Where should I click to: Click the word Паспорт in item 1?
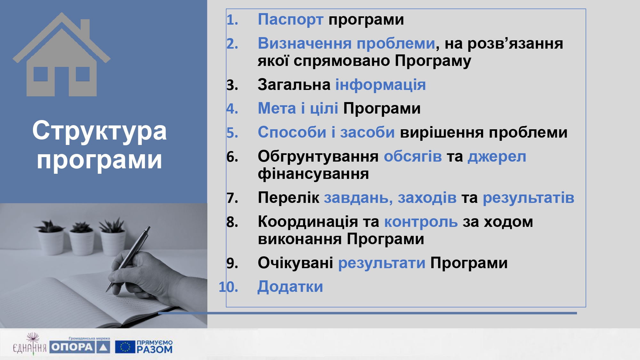coord(291,20)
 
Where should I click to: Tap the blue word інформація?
coord(380,85)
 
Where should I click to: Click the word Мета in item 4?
coord(277,108)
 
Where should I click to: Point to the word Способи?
coord(292,132)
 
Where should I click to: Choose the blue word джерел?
coord(497,157)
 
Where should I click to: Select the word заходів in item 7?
coord(427,198)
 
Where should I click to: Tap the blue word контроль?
coord(421,222)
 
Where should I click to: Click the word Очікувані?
coord(296,263)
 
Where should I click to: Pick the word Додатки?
coord(290,287)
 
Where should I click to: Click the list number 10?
coord(228,287)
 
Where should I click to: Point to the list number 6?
coord(232,157)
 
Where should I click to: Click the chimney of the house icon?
coord(85,29)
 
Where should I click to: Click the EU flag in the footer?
coord(125,347)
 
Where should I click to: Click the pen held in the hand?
coord(128,259)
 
